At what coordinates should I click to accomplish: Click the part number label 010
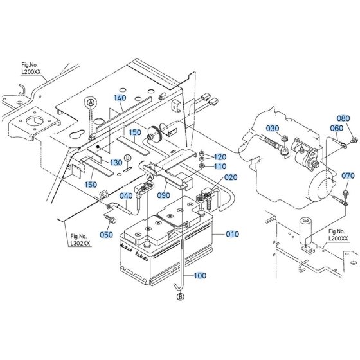click(x=232, y=234)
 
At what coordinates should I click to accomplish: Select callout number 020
click(x=231, y=177)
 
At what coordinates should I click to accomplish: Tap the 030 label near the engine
click(x=273, y=128)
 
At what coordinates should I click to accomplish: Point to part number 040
click(x=126, y=195)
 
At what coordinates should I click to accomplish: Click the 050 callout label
click(x=106, y=235)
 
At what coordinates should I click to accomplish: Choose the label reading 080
click(x=343, y=118)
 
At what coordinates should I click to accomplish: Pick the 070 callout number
click(x=348, y=175)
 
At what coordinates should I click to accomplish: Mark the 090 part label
click(x=163, y=195)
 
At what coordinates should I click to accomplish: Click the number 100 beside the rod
click(x=200, y=275)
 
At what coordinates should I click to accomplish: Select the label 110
click(x=220, y=166)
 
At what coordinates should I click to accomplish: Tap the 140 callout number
click(x=120, y=98)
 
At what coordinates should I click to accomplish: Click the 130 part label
click(x=116, y=162)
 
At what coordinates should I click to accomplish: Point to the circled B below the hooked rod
click(x=181, y=296)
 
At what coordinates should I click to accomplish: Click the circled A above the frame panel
click(x=91, y=102)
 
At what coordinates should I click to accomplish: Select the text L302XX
click(x=80, y=243)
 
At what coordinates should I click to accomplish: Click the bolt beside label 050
click(x=110, y=219)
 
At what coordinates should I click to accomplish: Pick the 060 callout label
click(x=336, y=128)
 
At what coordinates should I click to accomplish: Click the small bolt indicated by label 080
click(x=354, y=139)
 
